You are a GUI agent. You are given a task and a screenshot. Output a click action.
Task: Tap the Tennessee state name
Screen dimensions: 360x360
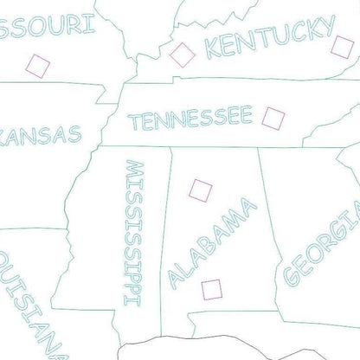tap(190, 118)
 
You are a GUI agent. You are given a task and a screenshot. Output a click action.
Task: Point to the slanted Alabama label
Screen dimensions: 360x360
tap(213, 241)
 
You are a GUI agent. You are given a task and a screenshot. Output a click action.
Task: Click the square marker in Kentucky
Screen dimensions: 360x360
tap(182, 54)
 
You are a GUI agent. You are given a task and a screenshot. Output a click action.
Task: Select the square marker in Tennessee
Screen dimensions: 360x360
tap(273, 116)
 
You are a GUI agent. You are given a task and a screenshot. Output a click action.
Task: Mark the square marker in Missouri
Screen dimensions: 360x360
tap(37, 65)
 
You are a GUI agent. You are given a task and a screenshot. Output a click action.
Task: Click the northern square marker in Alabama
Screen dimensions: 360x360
tap(201, 188)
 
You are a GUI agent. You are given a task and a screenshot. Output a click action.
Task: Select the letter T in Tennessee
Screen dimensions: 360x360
tap(136, 123)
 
